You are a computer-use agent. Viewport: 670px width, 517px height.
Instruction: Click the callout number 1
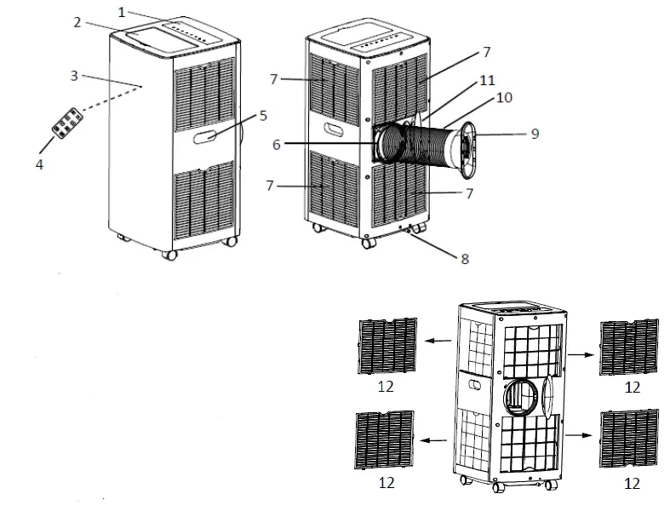122,14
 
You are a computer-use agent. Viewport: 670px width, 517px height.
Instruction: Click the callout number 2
77,22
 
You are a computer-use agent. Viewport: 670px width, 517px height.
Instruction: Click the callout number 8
465,257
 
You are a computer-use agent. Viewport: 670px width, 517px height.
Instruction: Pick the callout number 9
534,133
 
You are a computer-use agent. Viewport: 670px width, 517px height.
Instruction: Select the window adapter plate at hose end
467,152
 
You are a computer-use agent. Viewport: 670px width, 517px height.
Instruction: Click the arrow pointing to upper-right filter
581,349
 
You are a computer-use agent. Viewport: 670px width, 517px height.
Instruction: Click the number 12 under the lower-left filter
387,483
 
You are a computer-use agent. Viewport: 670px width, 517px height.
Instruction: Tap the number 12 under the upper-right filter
631,386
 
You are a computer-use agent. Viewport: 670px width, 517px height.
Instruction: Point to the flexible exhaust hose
421,150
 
